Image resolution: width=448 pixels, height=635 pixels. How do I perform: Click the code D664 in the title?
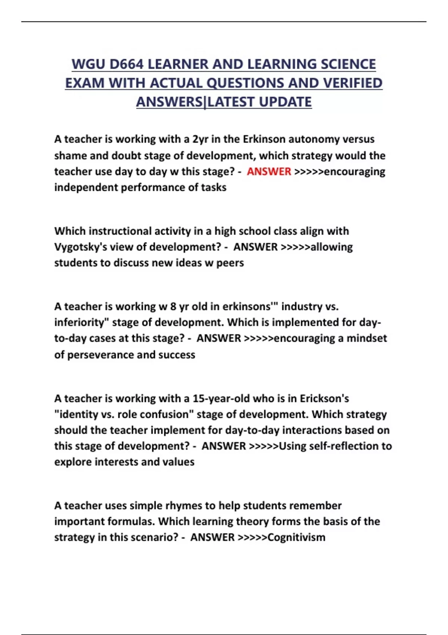tap(126, 64)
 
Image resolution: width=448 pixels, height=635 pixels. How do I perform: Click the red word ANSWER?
tap(269, 171)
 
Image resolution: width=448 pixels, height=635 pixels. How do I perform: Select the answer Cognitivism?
tap(296, 538)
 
